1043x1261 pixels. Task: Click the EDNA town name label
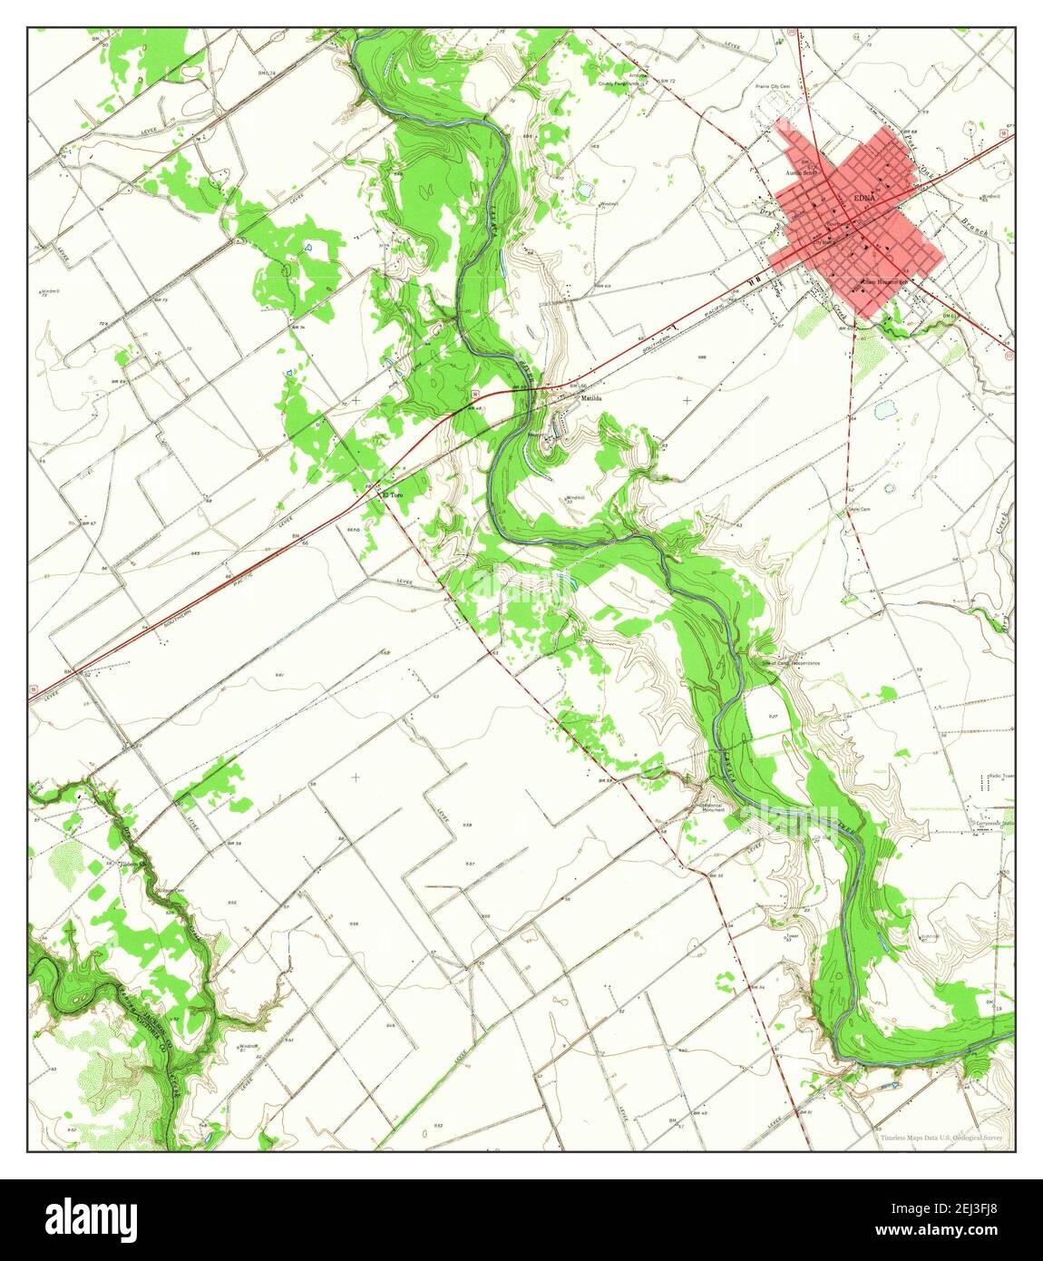(x=861, y=199)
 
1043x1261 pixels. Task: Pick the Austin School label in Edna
(x=803, y=172)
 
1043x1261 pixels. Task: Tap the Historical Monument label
(x=712, y=807)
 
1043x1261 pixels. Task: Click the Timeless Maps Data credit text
(x=943, y=1137)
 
